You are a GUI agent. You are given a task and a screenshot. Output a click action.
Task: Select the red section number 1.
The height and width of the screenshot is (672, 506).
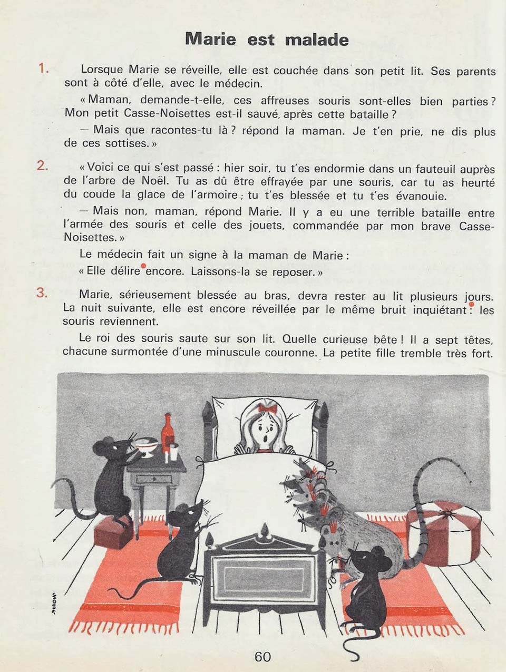pos(43,69)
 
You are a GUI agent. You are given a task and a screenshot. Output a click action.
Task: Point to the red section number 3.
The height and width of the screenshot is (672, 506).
pos(43,293)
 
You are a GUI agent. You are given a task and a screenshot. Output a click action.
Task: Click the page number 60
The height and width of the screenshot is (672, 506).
pos(262,657)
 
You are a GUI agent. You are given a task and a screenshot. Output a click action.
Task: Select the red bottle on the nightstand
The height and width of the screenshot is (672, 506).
pos(168,433)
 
